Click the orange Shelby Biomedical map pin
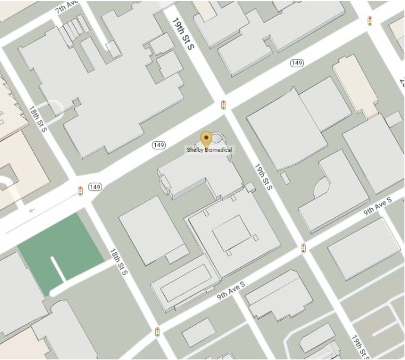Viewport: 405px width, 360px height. [206, 139]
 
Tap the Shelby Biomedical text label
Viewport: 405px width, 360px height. [209, 150]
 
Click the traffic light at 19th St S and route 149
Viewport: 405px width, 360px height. [224, 105]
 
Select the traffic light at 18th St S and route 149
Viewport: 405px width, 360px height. [80, 191]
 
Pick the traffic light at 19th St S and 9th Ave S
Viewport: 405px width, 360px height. [303, 248]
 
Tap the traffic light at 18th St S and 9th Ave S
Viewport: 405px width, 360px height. [158, 331]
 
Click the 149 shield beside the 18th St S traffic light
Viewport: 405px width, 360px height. [95, 187]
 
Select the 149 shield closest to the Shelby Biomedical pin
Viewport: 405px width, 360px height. [159, 145]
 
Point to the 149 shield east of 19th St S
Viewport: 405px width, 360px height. [297, 63]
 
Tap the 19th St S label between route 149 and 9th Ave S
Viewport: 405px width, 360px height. [263, 177]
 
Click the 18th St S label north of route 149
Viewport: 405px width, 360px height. [37, 118]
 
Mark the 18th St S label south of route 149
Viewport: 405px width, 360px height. [119, 261]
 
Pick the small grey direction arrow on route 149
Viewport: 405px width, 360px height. [32, 209]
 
